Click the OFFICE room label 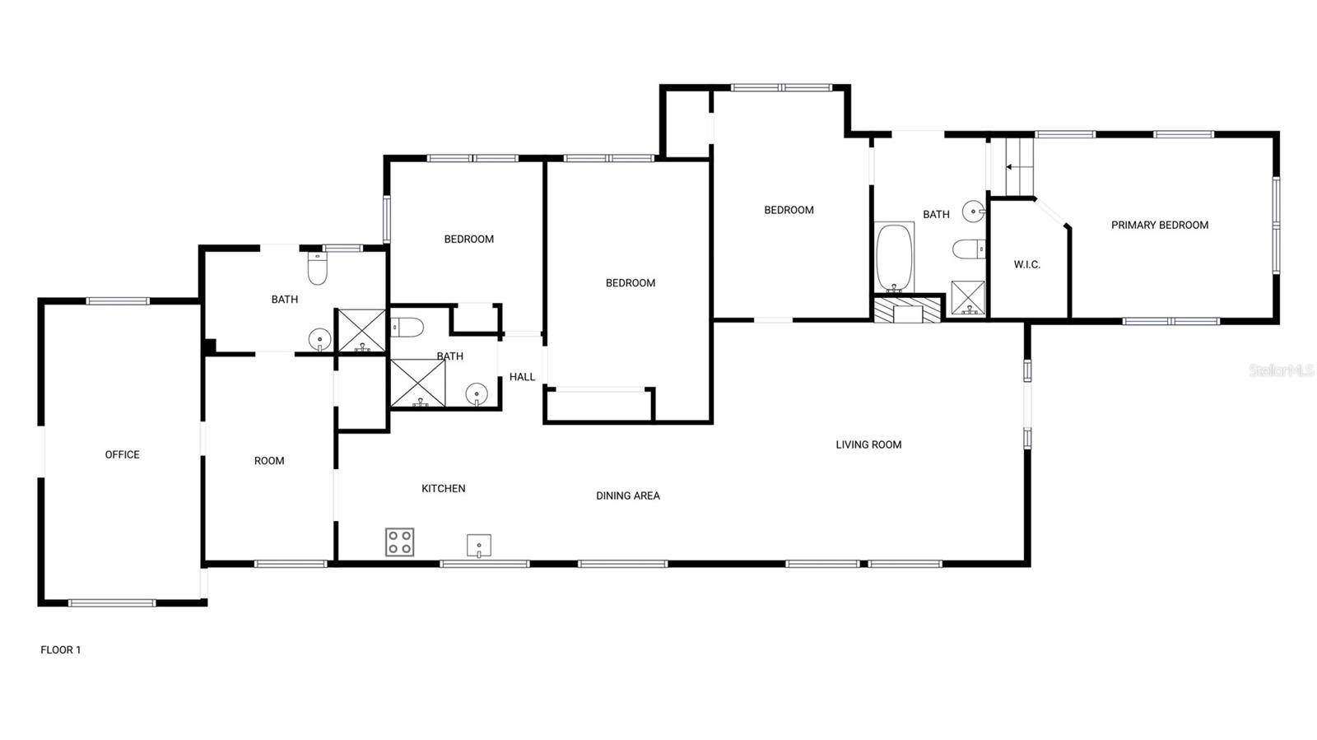pyautogui.click(x=122, y=454)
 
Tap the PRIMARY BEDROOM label pyautogui.click(x=1159, y=225)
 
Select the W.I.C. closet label pyautogui.click(x=1026, y=264)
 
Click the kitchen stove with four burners pyautogui.click(x=399, y=542)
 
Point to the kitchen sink pyautogui.click(x=478, y=545)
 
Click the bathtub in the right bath pyautogui.click(x=894, y=257)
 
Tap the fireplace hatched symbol pyautogui.click(x=907, y=309)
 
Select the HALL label pyautogui.click(x=522, y=377)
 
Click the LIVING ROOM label pyautogui.click(x=868, y=444)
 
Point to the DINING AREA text pyautogui.click(x=628, y=496)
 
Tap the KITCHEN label pyautogui.click(x=443, y=488)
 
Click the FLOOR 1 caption pyautogui.click(x=61, y=649)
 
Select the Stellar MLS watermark pyautogui.click(x=1281, y=370)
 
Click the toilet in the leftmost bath pyautogui.click(x=317, y=268)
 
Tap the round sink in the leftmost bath pyautogui.click(x=319, y=338)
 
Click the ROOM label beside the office pyautogui.click(x=268, y=461)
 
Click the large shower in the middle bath pyautogui.click(x=417, y=383)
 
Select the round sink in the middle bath pyautogui.click(x=476, y=395)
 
